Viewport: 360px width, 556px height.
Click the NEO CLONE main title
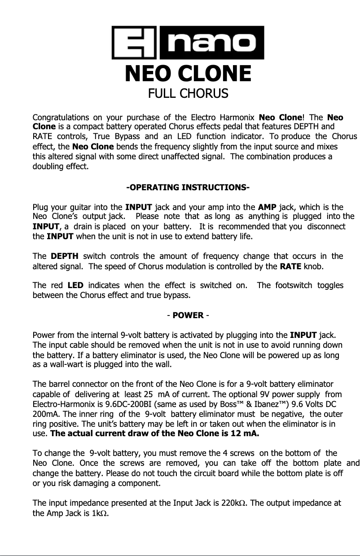188,74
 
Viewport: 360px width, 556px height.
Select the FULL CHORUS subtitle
188,94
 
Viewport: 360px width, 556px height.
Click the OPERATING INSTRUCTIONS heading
188,187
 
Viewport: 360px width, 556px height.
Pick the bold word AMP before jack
267,207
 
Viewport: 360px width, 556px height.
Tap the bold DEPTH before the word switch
65,256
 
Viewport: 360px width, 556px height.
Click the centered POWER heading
188,315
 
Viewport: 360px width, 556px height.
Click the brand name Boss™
262,404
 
